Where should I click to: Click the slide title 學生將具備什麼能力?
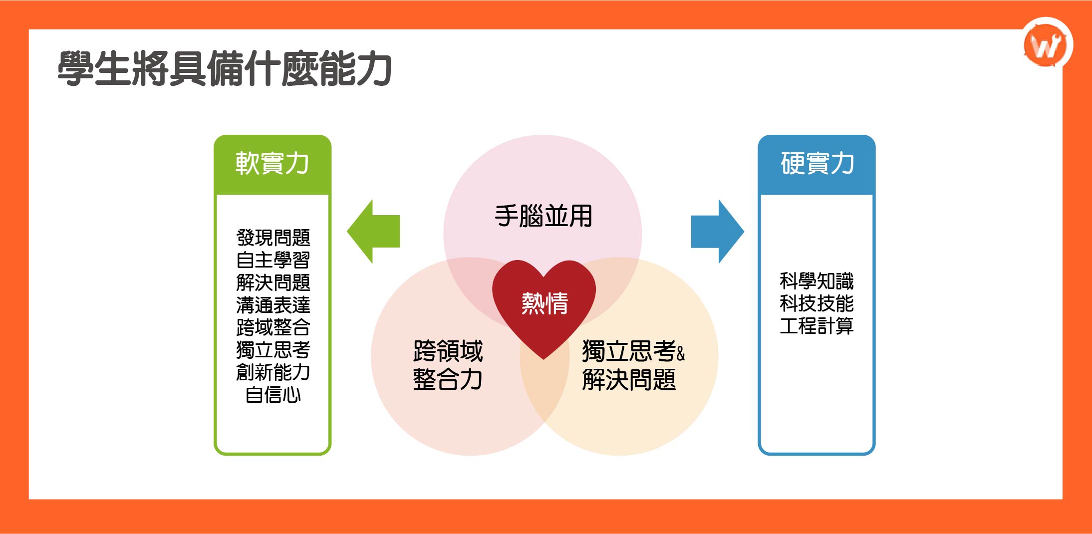coord(225,68)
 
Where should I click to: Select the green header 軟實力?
coord(273,164)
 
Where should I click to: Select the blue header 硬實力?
coord(817,164)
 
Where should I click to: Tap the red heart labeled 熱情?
coord(544,303)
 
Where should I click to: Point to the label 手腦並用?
coord(543,216)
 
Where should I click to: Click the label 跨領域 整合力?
coord(448,365)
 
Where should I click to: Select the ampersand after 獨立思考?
coord(681,353)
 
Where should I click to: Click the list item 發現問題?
coord(273,238)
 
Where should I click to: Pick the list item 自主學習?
coord(273,260)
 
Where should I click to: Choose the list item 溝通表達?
coord(273,305)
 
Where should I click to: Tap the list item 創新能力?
coord(273,372)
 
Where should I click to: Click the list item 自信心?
coord(273,395)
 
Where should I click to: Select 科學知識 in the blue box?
coord(817,281)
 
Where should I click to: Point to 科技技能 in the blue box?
coord(817,303)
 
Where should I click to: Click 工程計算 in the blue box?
coord(817,326)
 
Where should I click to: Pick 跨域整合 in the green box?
coord(273,327)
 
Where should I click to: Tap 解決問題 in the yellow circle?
coord(629,380)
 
